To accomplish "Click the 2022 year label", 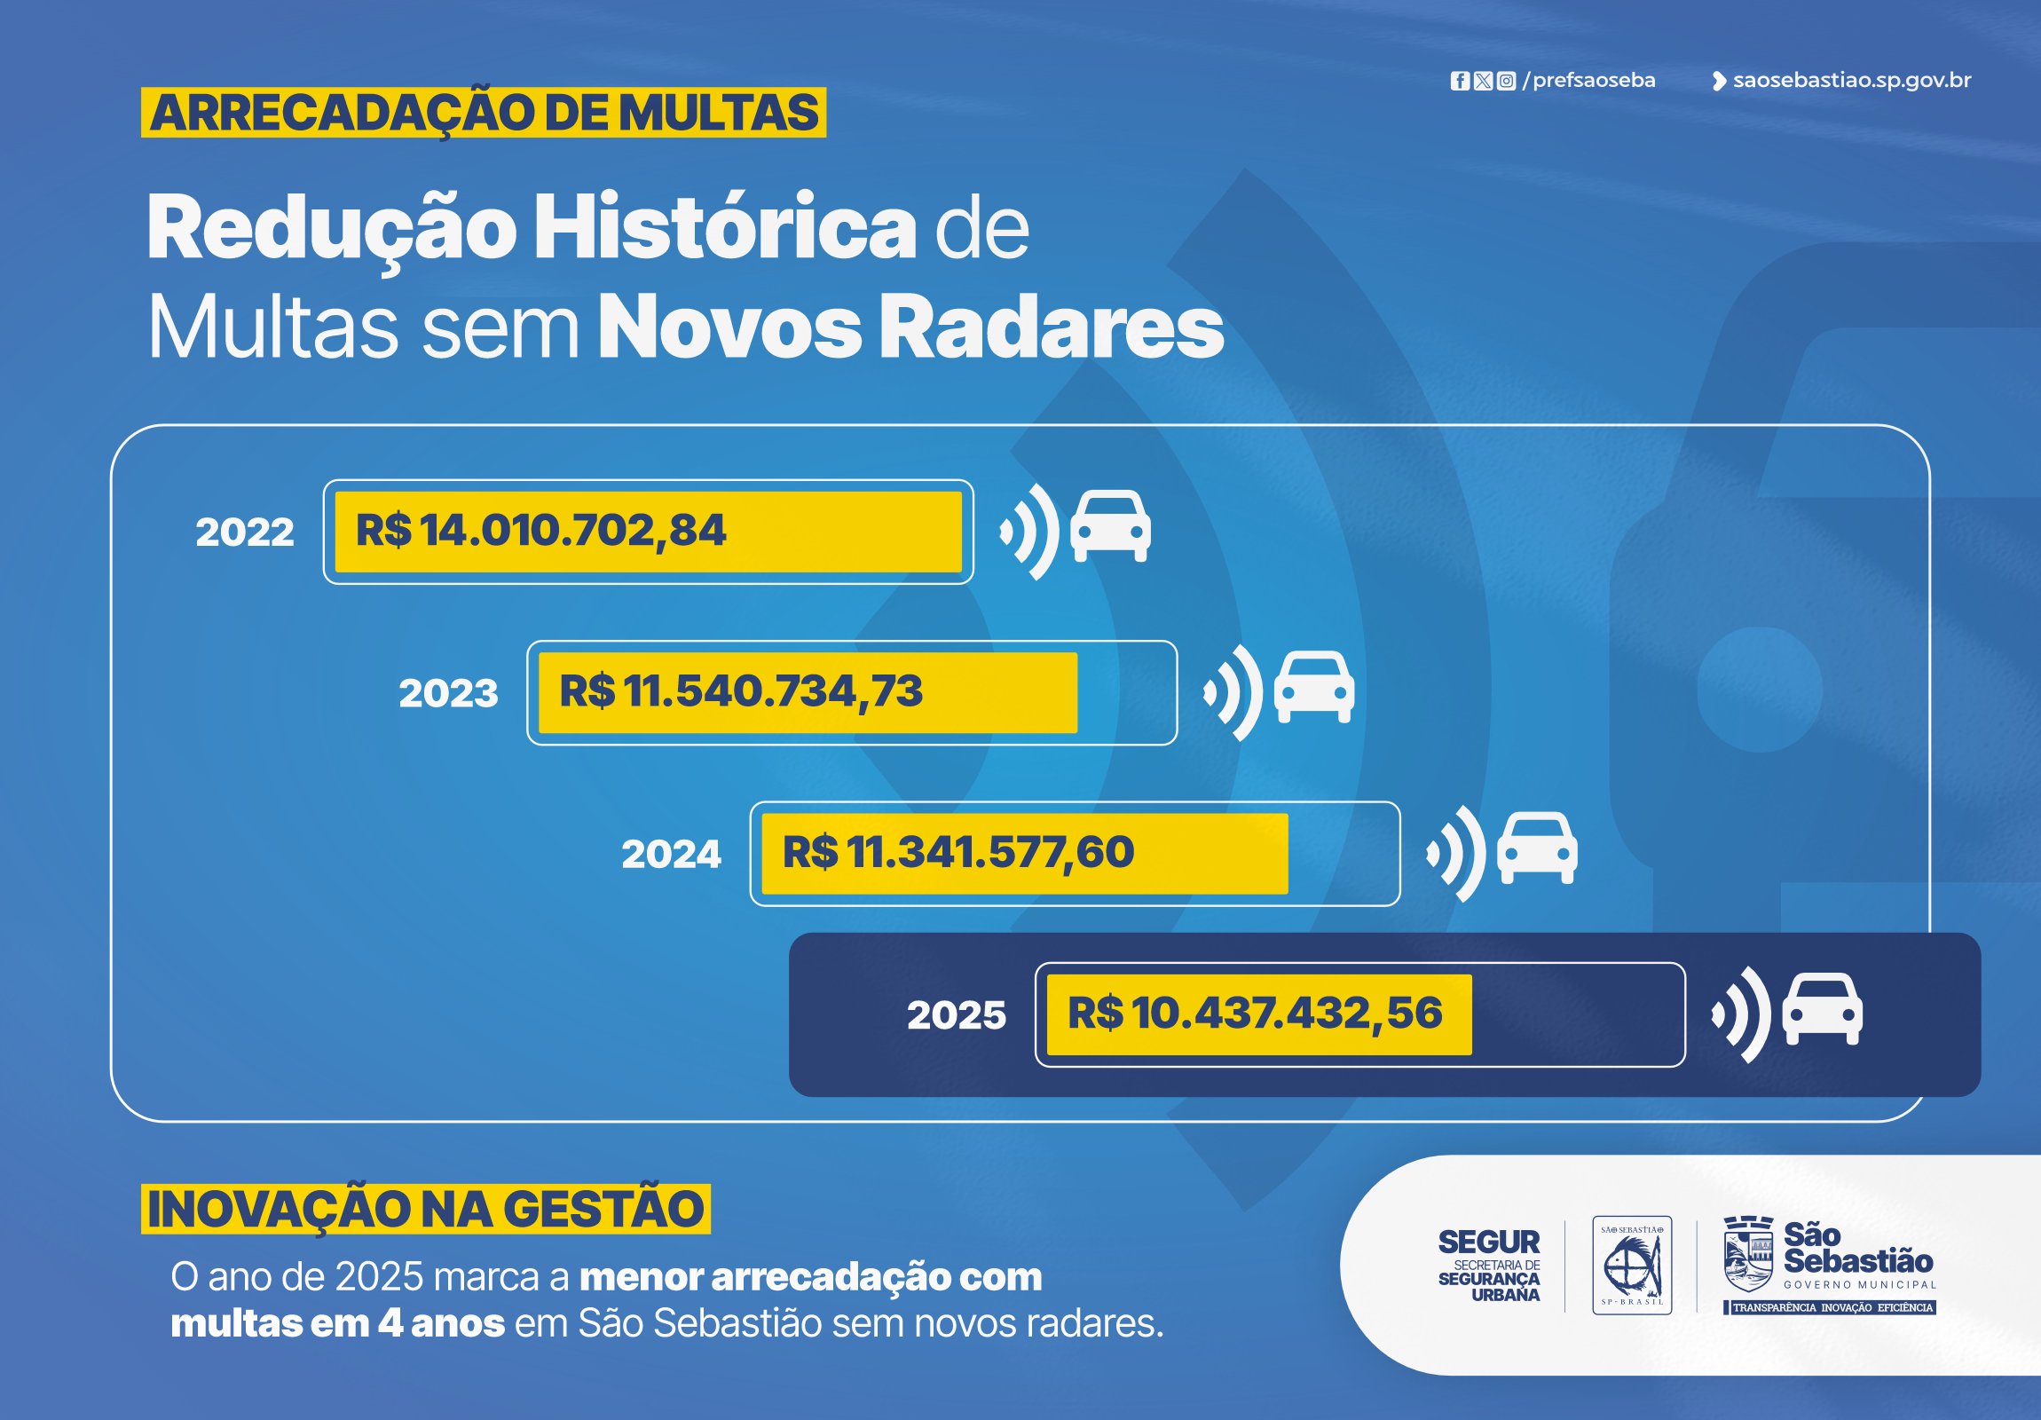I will coord(244,532).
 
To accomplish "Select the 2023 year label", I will coord(448,692).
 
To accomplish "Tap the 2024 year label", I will coord(671,854).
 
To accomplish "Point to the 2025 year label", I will coord(957,1014).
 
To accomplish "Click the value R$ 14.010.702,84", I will coord(540,531).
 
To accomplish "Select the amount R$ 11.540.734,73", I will coord(740,691).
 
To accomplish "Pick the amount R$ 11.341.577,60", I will coord(957,853).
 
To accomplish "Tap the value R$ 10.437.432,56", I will coord(1254,1014).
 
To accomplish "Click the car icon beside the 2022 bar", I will coord(1110,526).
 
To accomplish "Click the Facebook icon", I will coord(1460,81).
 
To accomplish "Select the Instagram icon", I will coord(1506,81).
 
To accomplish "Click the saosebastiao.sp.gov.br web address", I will coord(1851,81).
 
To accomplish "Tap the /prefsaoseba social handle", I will coord(1589,81).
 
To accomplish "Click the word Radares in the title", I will coord(1052,327).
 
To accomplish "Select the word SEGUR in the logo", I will coord(1489,1242).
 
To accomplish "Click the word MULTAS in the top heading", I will coord(718,113).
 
